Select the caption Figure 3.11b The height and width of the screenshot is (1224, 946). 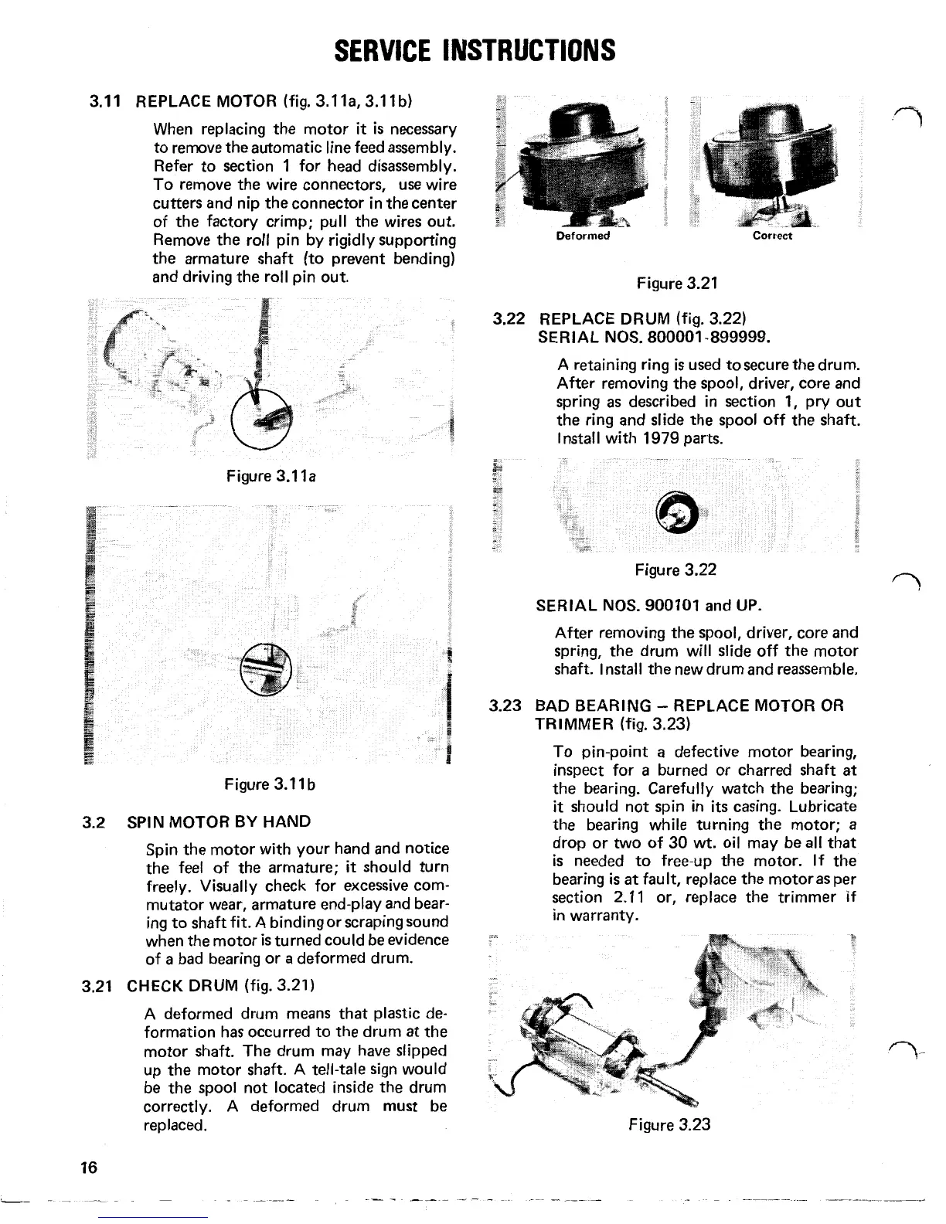[270, 784]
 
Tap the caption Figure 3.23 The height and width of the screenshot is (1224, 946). [669, 1125]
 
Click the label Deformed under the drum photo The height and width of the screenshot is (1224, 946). [584, 236]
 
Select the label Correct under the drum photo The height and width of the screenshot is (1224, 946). [772, 236]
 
